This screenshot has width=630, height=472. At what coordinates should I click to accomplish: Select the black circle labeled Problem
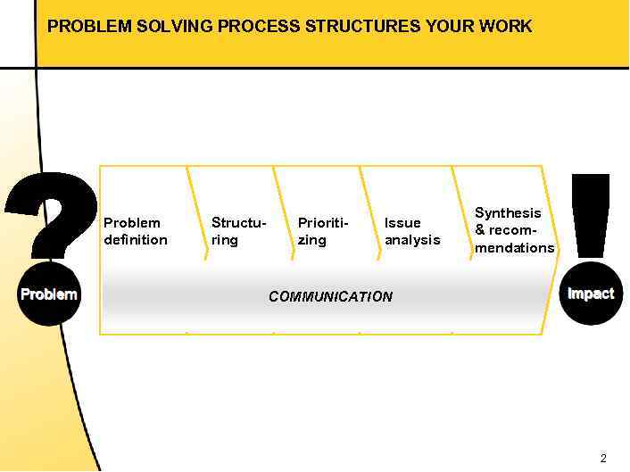(x=49, y=294)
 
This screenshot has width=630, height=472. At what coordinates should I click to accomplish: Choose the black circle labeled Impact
(x=591, y=294)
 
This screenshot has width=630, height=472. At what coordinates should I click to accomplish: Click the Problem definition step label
(x=136, y=231)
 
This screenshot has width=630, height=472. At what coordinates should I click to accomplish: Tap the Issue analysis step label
(x=412, y=231)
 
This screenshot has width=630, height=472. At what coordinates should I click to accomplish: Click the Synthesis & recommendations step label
(x=514, y=230)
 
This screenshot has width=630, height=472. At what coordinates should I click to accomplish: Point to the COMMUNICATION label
(x=330, y=296)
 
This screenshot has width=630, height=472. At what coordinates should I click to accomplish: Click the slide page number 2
(x=603, y=459)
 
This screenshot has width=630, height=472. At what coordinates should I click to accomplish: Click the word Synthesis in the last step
(x=508, y=213)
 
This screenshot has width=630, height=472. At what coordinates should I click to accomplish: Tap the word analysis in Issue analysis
(x=412, y=240)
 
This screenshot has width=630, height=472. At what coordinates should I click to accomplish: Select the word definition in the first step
(x=136, y=240)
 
